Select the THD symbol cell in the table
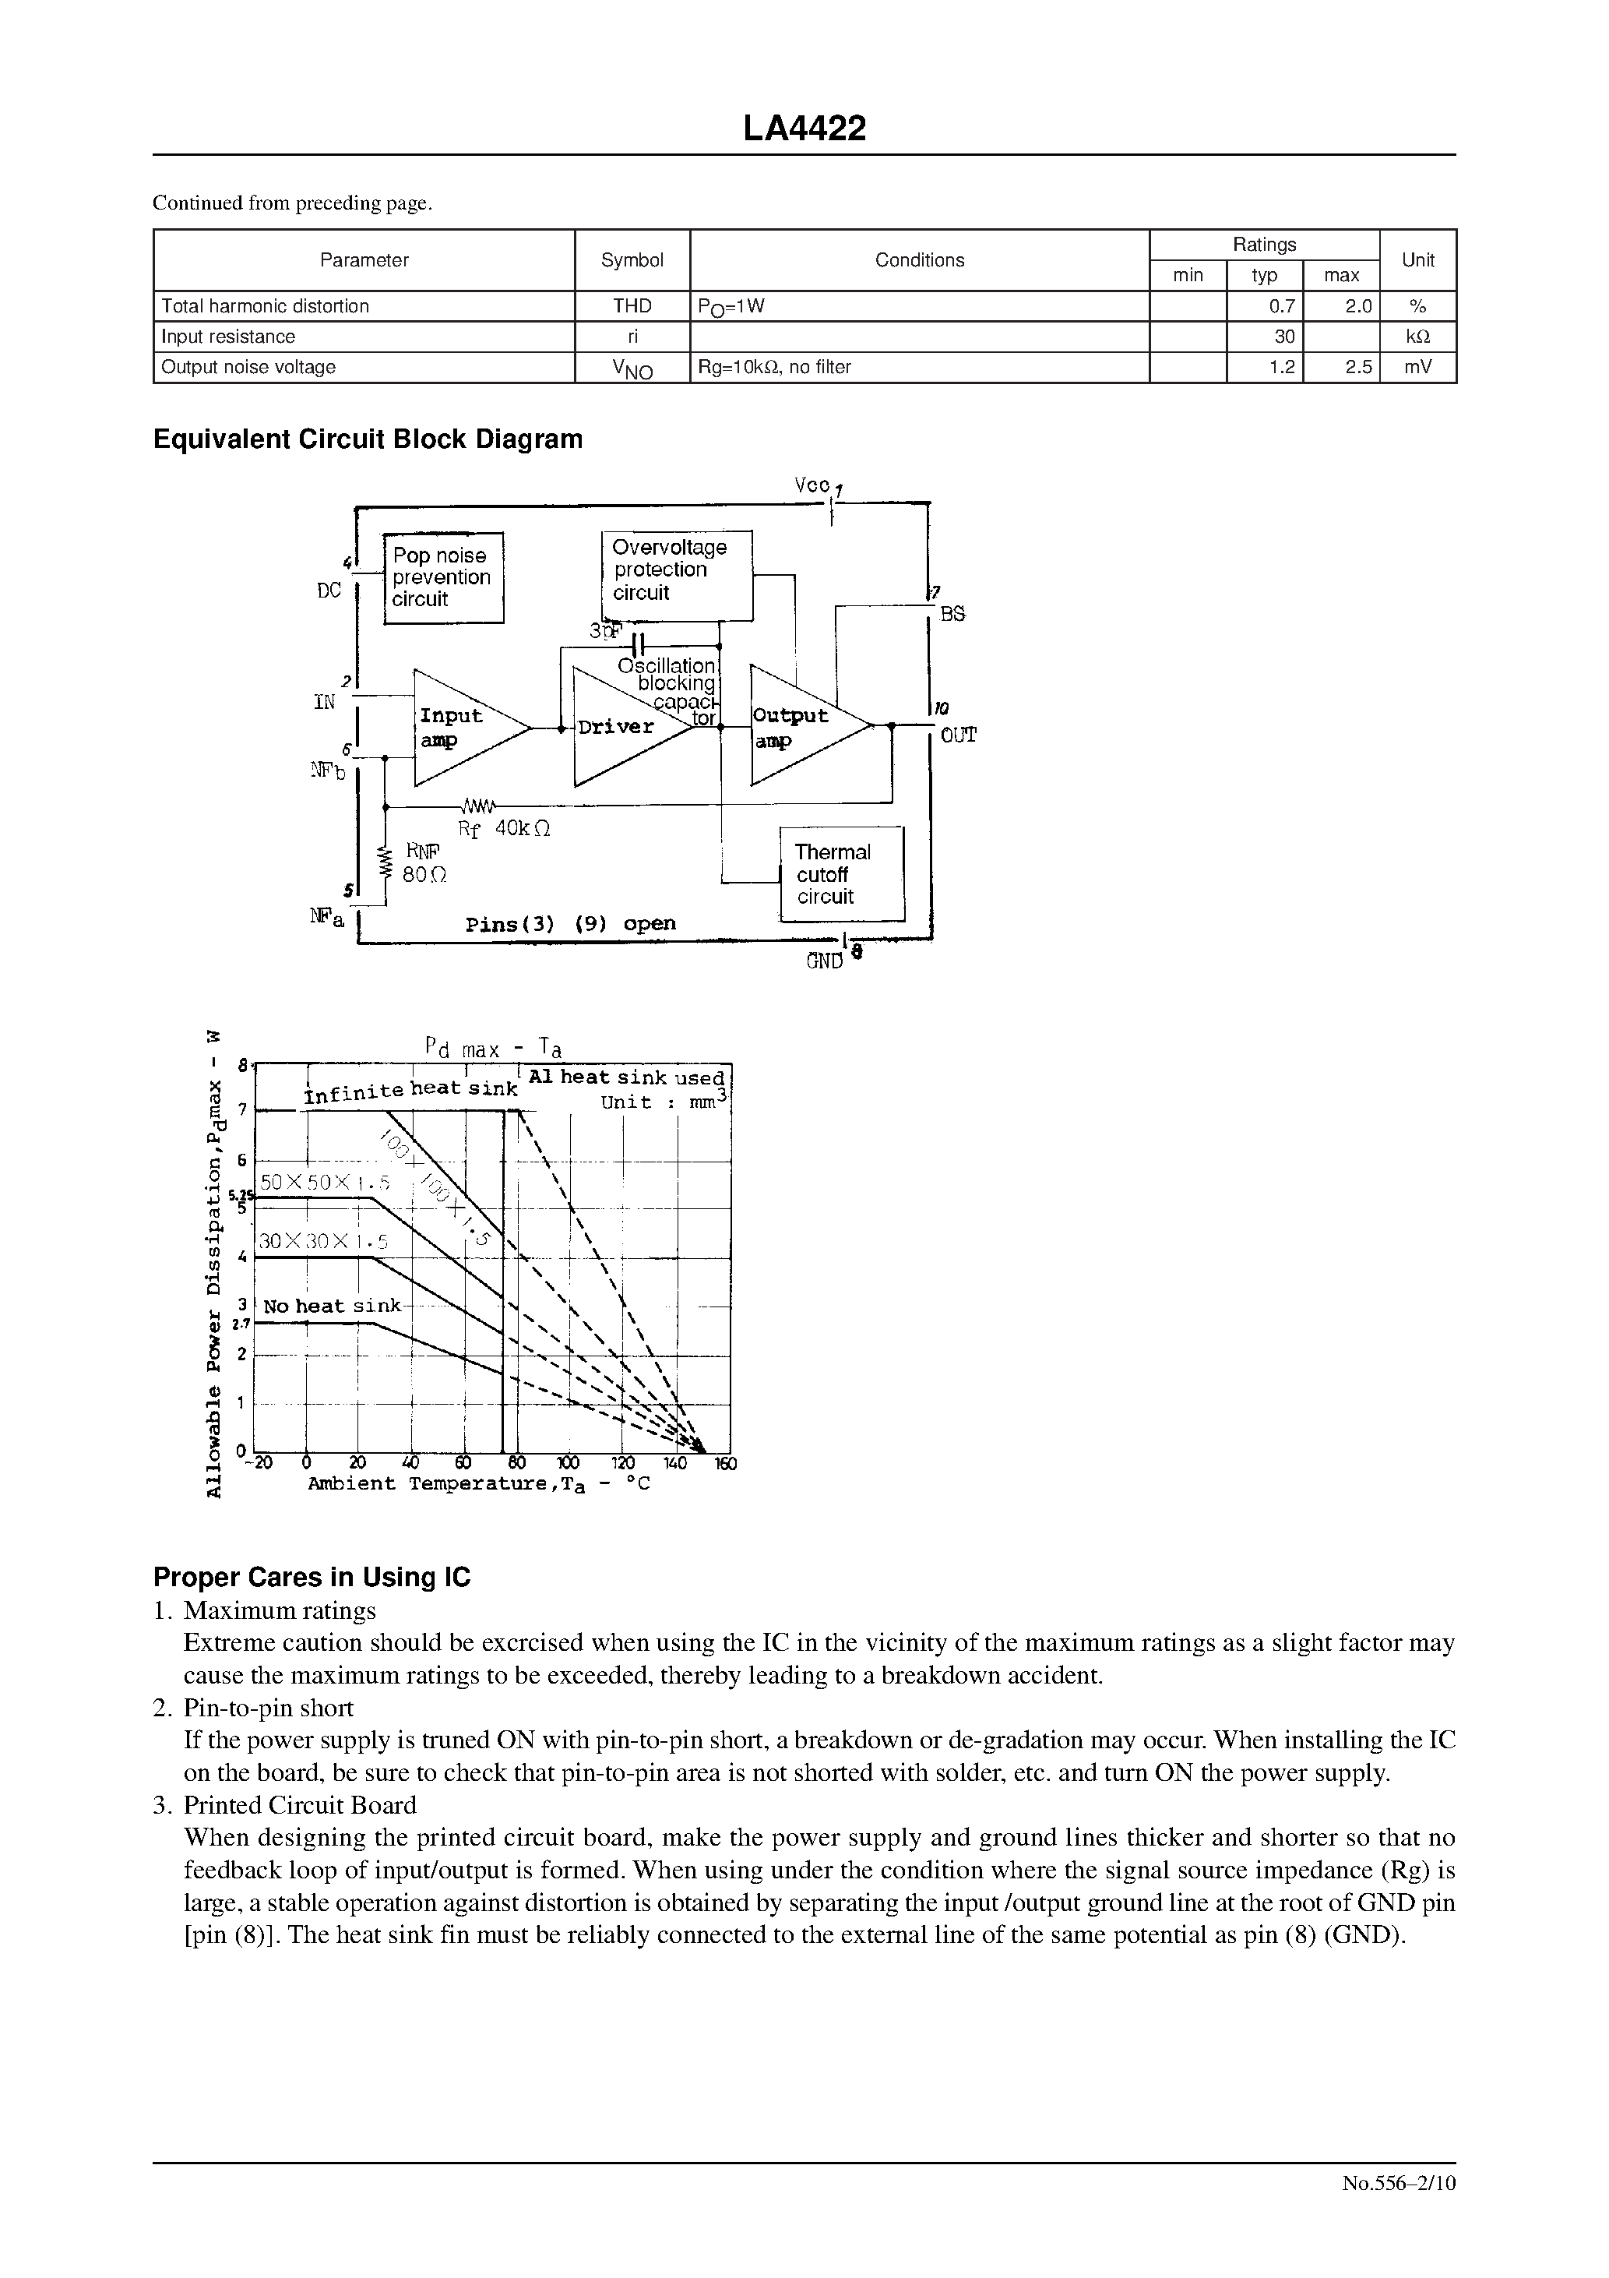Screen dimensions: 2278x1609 pyautogui.click(x=632, y=307)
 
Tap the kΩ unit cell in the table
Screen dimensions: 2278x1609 pyautogui.click(x=1417, y=337)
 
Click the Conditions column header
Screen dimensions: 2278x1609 pyautogui.click(x=918, y=260)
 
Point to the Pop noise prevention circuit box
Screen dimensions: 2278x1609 pyautogui.click(x=443, y=577)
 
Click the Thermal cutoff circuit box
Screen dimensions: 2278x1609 pyautogui.click(x=841, y=874)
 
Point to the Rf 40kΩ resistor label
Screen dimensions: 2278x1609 pyautogui.click(x=504, y=828)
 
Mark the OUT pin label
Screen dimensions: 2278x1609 pyautogui.click(x=958, y=735)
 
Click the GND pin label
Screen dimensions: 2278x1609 pyautogui.click(x=824, y=961)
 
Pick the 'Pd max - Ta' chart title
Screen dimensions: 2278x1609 pyautogui.click(x=493, y=1048)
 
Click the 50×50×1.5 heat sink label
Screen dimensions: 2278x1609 pyautogui.click(x=325, y=1183)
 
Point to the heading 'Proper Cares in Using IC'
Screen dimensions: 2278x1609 pyautogui.click(x=312, y=1578)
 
